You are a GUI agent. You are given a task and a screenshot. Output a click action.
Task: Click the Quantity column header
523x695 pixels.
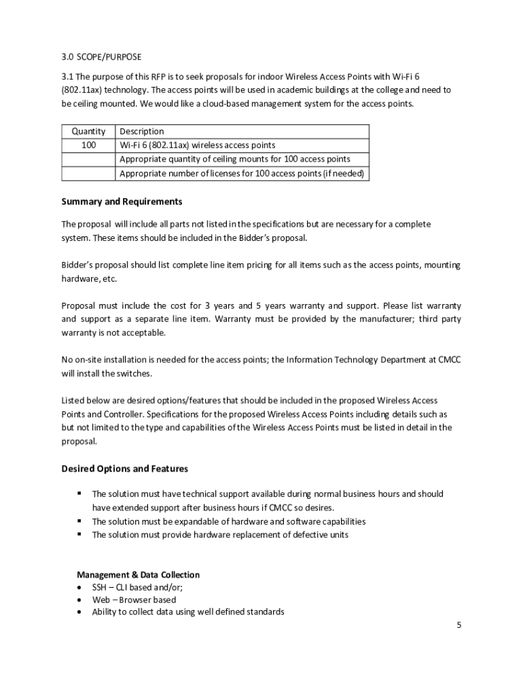point(88,131)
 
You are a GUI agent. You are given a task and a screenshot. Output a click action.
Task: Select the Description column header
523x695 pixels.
point(142,131)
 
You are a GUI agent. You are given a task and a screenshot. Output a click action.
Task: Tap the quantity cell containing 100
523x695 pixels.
point(88,145)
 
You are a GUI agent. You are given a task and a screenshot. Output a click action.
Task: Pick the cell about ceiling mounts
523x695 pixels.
point(235,159)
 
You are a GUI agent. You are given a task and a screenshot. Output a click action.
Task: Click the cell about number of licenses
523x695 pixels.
point(242,173)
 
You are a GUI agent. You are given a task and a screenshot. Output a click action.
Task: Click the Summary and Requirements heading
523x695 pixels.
point(122,202)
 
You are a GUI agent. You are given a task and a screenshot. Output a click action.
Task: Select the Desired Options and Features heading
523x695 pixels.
point(124,468)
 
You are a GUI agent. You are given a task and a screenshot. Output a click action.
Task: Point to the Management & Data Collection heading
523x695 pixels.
point(138,575)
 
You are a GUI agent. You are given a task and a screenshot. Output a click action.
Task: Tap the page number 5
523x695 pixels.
point(458,625)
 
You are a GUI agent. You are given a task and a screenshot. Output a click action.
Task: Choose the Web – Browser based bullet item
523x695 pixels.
point(134,599)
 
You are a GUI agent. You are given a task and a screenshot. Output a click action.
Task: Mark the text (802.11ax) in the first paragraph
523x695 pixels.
point(84,90)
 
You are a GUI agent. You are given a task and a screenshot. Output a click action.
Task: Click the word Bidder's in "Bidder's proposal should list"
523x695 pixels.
point(78,265)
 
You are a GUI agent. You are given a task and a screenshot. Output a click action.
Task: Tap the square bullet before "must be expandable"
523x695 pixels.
point(79,521)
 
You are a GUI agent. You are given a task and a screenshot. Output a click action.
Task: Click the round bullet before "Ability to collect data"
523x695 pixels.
point(79,612)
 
